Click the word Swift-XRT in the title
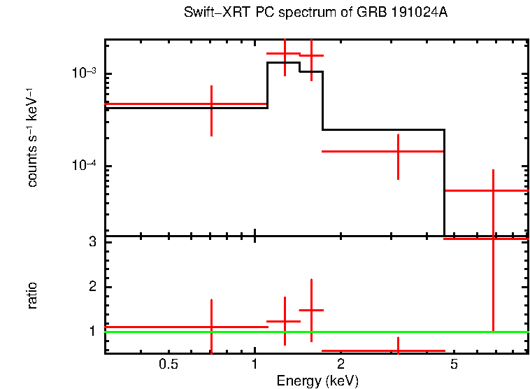pyautogui.click(x=209, y=13)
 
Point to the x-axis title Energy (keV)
pyautogui.click(x=317, y=381)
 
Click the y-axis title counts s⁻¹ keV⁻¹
pyautogui.click(x=32, y=137)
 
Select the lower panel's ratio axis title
pyautogui.click(x=32, y=295)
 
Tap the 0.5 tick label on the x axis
pyautogui.click(x=168, y=365)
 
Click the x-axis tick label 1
pyautogui.click(x=255, y=365)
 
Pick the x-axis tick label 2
pyautogui.click(x=341, y=365)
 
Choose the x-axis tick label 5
pyautogui.click(x=454, y=365)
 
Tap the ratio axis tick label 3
pyautogui.click(x=91, y=242)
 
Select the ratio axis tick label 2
pyautogui.click(x=91, y=287)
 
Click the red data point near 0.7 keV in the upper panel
pyautogui.click(x=211, y=104)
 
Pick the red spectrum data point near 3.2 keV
pyautogui.click(x=398, y=151)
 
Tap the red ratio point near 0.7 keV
pyautogui.click(x=211, y=327)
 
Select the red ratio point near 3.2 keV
pyautogui.click(x=398, y=351)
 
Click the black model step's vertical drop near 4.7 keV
pyautogui.click(x=445, y=182)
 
